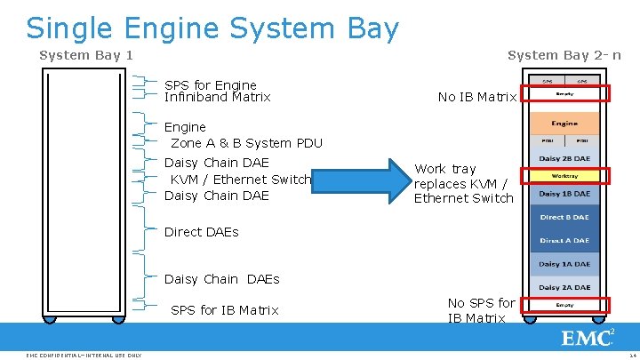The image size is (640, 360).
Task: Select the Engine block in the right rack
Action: pos(564,123)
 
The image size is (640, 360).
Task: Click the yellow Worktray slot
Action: pos(564,176)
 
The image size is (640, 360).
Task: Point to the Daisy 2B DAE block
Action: pos(564,158)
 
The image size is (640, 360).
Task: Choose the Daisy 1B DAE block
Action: pos(564,193)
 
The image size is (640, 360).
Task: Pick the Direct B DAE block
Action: pos(564,217)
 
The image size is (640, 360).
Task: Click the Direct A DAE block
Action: pos(564,241)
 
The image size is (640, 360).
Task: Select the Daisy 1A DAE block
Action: pos(564,264)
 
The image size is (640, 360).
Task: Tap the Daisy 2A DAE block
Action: pos(564,287)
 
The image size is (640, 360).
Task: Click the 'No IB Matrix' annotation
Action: pos(477,97)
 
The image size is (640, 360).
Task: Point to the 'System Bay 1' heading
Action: pos(86,55)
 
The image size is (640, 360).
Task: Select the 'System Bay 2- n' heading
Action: pos(564,55)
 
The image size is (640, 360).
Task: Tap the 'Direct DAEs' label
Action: pos(202,232)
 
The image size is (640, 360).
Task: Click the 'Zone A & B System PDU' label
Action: pos(246,143)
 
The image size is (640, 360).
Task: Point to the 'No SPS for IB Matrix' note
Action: pos(481,310)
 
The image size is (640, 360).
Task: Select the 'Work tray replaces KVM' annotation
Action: pos(463,183)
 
